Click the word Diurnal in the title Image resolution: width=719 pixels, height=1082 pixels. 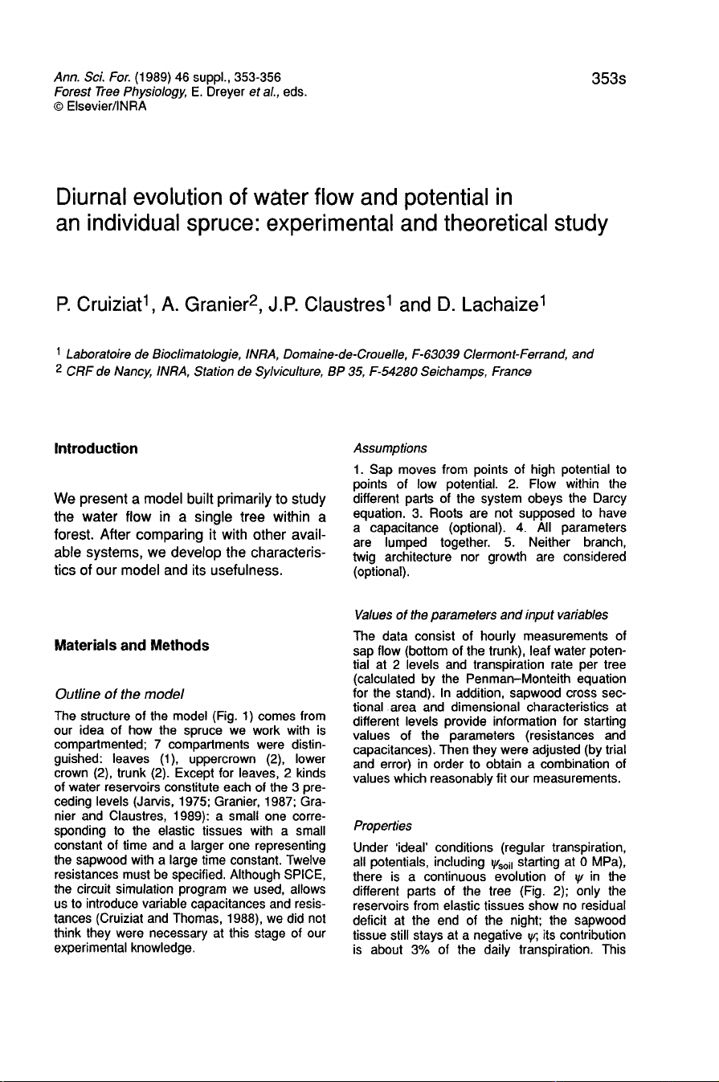pyautogui.click(x=100, y=196)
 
